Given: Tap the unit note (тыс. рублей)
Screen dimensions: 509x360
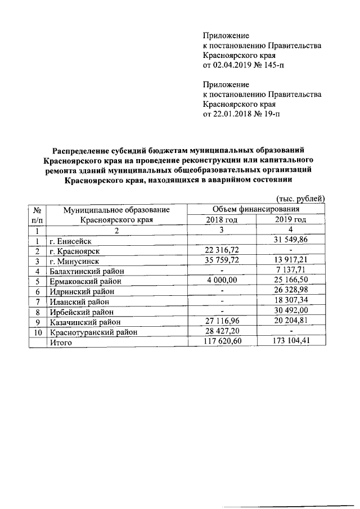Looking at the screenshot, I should click(300, 198).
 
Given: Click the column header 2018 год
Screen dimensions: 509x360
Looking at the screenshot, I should click(222, 219).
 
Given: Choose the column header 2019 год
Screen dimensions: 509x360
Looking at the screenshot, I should click(290, 219).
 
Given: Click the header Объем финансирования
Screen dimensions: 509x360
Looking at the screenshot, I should click(256, 209).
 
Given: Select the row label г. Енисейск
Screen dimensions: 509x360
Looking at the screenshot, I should click(70, 241).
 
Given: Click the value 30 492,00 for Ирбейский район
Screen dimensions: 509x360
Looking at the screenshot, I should click(290, 311).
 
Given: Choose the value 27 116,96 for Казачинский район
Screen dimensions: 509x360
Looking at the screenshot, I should click(222, 321).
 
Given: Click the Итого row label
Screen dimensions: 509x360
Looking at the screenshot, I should click(60, 342).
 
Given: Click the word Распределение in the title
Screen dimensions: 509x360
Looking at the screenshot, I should click(79, 150).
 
